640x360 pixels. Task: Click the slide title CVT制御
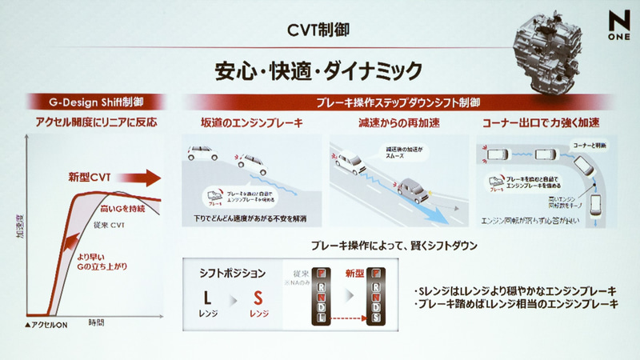[x=319, y=31]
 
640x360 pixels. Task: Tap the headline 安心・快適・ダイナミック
[x=318, y=70]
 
